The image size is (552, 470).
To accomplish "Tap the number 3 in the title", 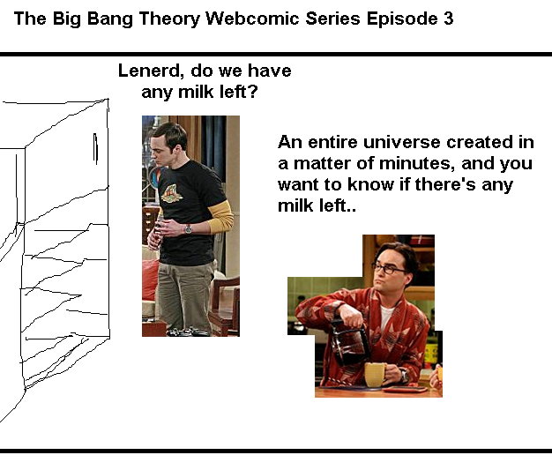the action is click(448, 19).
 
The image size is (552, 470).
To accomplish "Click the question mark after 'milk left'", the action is click(253, 92).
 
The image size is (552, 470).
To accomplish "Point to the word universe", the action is click(401, 142).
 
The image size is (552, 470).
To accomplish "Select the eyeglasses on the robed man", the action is click(388, 269).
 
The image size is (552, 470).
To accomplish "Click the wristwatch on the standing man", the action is click(188, 229).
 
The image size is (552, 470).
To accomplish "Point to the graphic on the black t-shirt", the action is click(171, 194).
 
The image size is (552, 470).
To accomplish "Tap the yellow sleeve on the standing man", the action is click(220, 216).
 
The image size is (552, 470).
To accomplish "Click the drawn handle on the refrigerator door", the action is click(95, 148).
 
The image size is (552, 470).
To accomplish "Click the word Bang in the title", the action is click(109, 19).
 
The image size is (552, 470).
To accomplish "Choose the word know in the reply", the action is click(370, 184).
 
